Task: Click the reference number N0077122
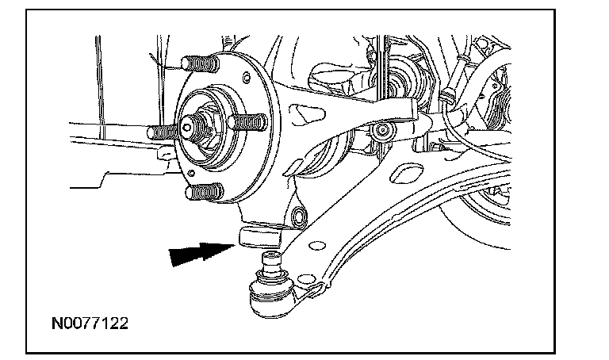coord(88,324)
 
